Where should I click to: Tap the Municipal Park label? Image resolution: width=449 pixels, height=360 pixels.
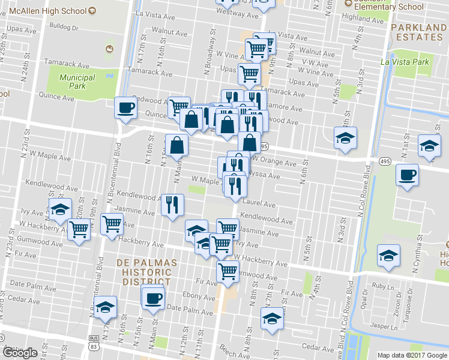pyautogui.click(x=77, y=82)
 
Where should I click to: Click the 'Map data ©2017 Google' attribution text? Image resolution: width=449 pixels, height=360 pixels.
pyautogui.click(x=412, y=355)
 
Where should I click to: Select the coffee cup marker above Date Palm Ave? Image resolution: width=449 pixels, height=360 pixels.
pyautogui.click(x=153, y=297)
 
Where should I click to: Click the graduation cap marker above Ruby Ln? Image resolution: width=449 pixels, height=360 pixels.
pyautogui.click(x=388, y=255)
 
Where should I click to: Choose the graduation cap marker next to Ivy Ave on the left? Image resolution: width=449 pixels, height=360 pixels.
pyautogui.click(x=60, y=209)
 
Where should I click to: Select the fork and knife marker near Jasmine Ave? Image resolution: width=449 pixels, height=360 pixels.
pyautogui.click(x=172, y=205)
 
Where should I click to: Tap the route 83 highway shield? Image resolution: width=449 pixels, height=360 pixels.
pyautogui.click(x=93, y=339)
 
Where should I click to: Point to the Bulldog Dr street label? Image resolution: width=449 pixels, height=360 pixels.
pyautogui.click(x=64, y=27)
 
